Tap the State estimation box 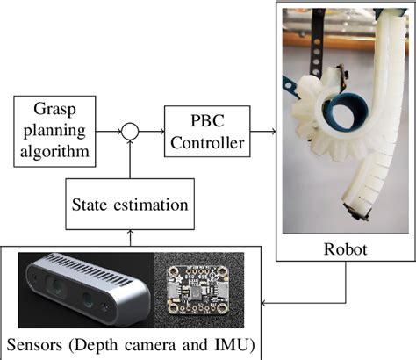pos(130,206)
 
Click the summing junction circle pos(130,133)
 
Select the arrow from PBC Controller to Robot pos(261,132)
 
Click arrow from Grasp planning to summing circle pos(109,133)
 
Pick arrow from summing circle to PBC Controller pos(151,133)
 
